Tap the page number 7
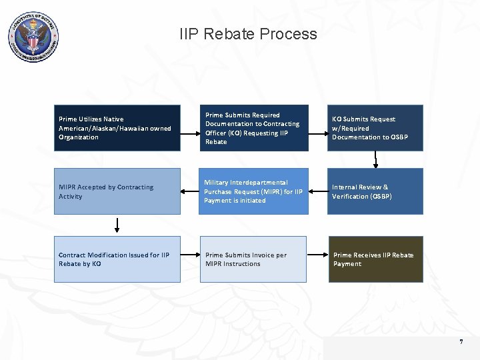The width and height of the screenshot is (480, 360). (460, 342)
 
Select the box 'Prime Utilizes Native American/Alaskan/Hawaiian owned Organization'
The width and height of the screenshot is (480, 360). (117, 128)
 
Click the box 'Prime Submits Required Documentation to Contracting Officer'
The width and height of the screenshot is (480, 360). (253, 128)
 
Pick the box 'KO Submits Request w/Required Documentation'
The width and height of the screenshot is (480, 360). (375, 128)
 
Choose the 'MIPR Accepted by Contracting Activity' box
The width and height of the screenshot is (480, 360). (117, 191)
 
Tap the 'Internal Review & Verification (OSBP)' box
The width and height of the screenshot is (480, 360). (375, 191)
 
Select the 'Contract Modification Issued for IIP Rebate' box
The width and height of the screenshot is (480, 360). (117, 259)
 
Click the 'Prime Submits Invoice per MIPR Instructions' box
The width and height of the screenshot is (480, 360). (253, 259)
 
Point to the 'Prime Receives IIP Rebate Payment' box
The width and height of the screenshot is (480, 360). (375, 259)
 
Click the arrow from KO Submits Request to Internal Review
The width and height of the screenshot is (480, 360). (375, 159)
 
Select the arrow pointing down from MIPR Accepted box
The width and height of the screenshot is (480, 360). (118, 225)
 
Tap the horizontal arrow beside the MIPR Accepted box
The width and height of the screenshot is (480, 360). (190, 191)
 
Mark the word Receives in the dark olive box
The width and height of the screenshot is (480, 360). (365, 255)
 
